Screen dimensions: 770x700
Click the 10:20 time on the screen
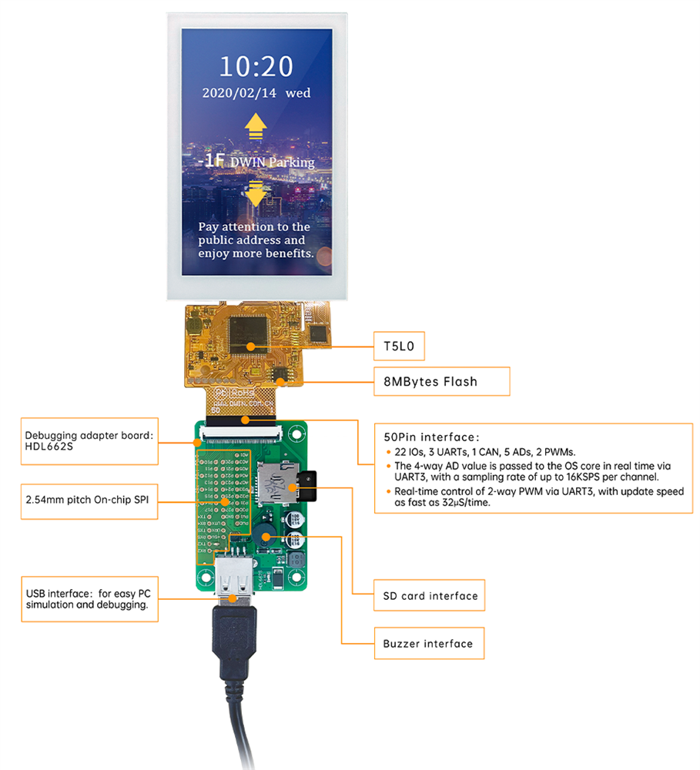(256, 66)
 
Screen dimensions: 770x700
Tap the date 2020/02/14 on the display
(238, 92)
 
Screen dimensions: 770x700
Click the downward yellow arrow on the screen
(256, 194)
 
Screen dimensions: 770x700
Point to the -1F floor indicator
(210, 162)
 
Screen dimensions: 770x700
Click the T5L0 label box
(399, 346)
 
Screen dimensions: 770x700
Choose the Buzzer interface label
(427, 643)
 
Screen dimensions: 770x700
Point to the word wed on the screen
(298, 92)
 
